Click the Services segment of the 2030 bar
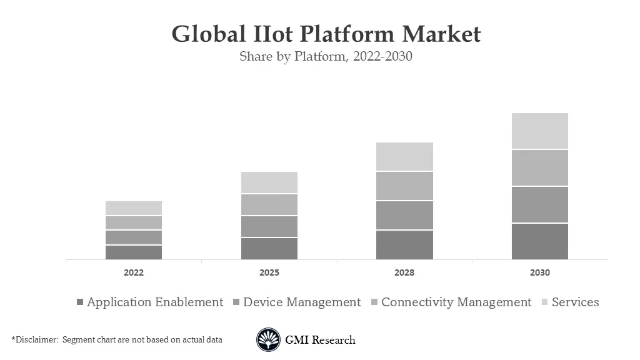pyautogui.click(x=539, y=131)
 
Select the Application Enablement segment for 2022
pyautogui.click(x=134, y=252)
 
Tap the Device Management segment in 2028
pyautogui.click(x=404, y=215)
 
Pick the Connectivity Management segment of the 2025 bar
pyautogui.click(x=269, y=204)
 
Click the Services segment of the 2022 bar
pyautogui.click(x=134, y=208)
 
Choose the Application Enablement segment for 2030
pyautogui.click(x=539, y=241)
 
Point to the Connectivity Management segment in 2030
pyautogui.click(x=539, y=167)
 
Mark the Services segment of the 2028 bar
pyautogui.click(x=404, y=156)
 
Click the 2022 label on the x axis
pyautogui.click(x=134, y=273)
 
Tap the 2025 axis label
pyautogui.click(x=269, y=273)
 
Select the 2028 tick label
pyautogui.click(x=404, y=273)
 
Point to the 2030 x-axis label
pyautogui.click(x=540, y=273)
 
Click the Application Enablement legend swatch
pyautogui.click(x=79, y=302)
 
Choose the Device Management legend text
pyautogui.click(x=302, y=302)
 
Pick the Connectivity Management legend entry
pyautogui.click(x=456, y=302)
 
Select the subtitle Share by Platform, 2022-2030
pyautogui.click(x=326, y=56)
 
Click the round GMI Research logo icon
pyautogui.click(x=268, y=340)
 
